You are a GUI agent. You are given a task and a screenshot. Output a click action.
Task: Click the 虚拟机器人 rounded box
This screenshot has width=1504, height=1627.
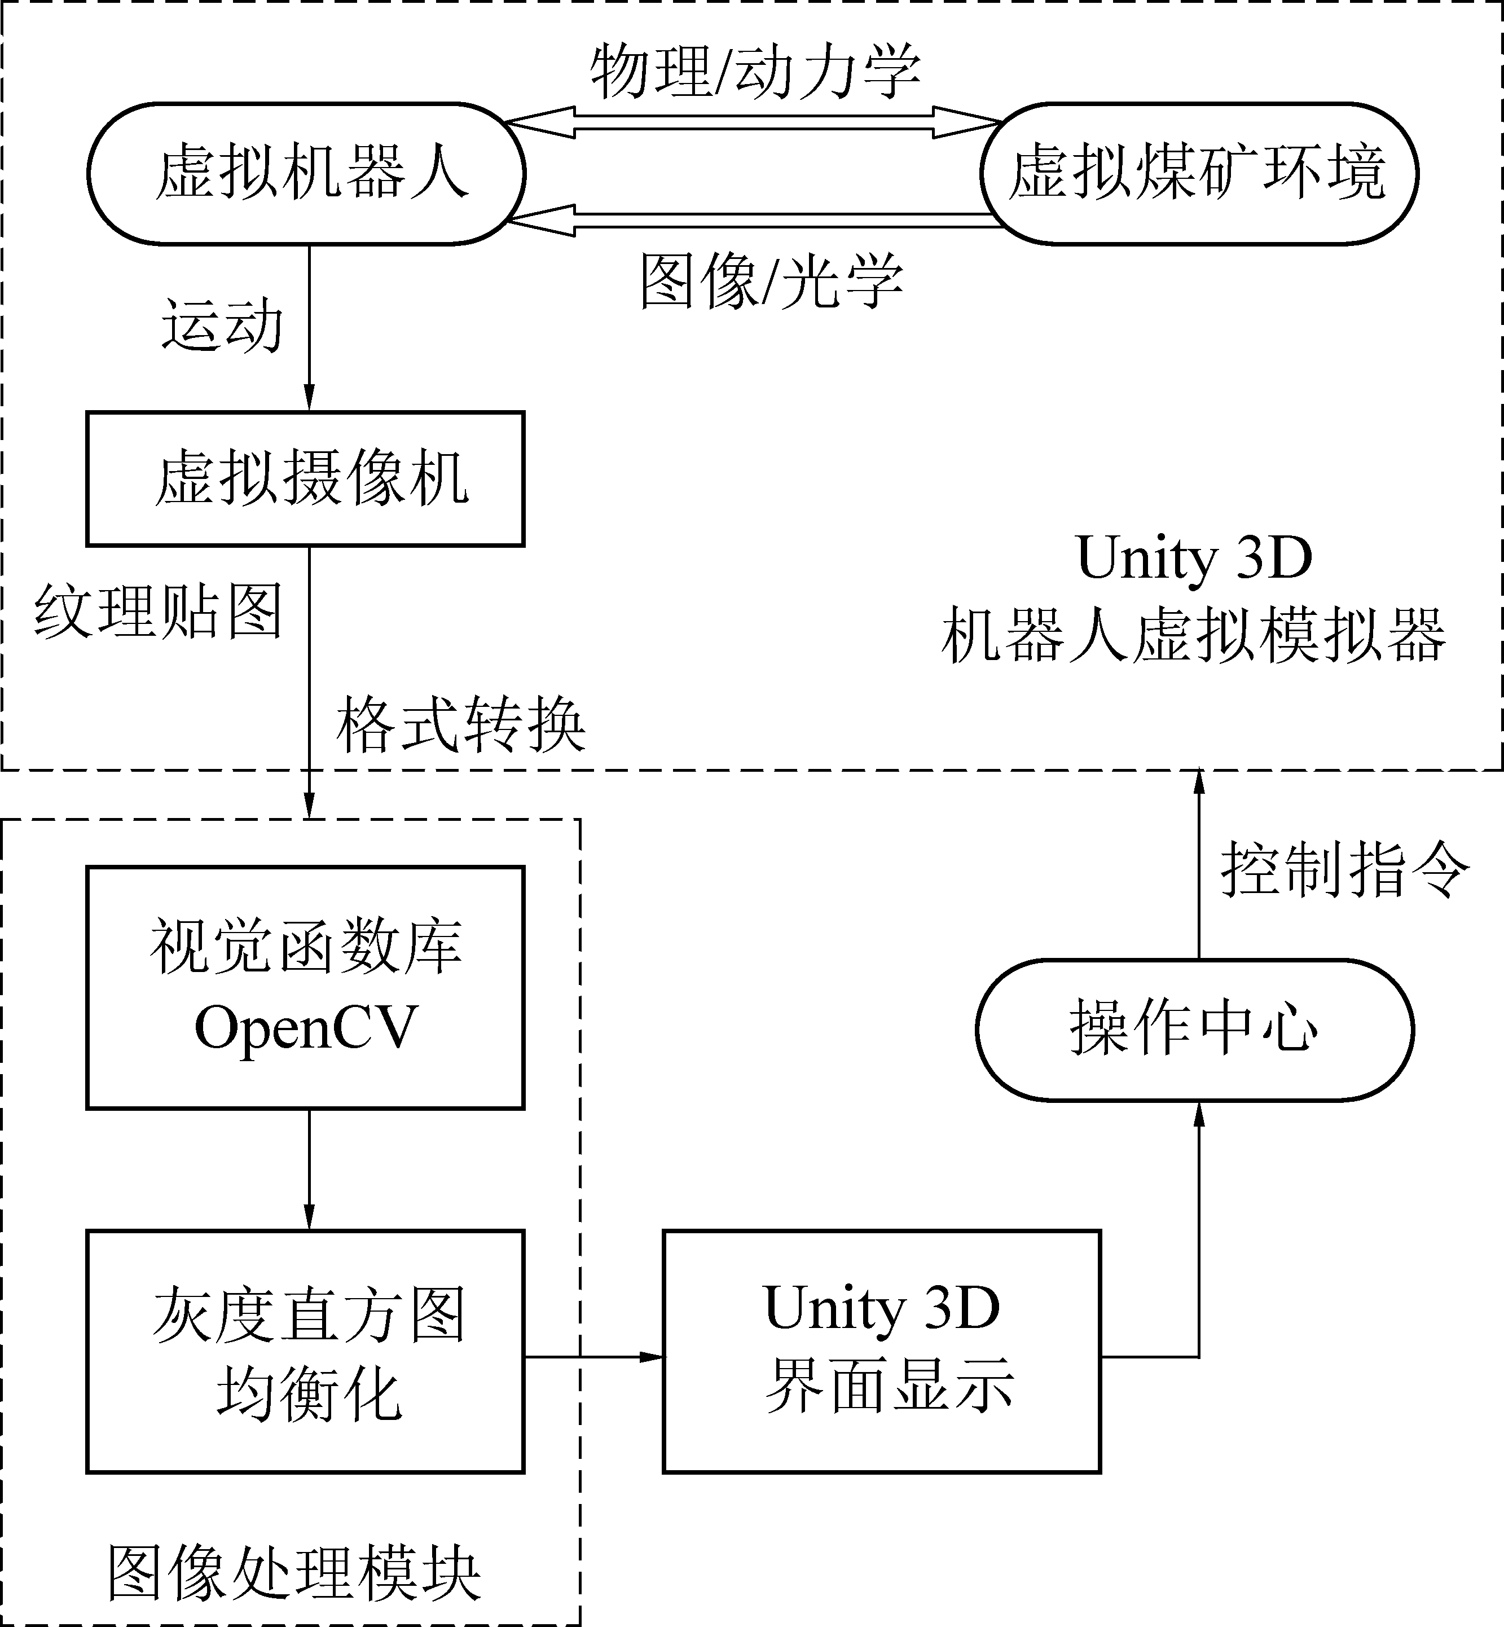(x=306, y=173)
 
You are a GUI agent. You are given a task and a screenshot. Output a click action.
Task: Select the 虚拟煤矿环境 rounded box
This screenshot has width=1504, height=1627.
(x=1199, y=173)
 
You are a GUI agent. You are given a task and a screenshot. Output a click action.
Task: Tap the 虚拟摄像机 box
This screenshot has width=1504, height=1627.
(x=306, y=478)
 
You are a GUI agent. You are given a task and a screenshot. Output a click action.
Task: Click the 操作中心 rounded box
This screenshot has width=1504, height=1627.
(x=1195, y=1030)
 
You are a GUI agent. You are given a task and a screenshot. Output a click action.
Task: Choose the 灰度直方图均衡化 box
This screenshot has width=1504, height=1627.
(x=306, y=1351)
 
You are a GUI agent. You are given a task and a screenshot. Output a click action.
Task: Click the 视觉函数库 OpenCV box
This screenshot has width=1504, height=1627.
(x=306, y=987)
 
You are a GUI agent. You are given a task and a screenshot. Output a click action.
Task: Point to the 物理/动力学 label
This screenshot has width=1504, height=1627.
(x=755, y=72)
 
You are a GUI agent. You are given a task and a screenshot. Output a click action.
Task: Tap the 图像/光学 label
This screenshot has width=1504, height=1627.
(x=772, y=282)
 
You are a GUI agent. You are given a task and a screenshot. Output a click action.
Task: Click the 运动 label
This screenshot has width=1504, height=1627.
(x=221, y=326)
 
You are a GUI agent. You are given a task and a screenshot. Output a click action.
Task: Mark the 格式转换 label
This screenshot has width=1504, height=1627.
(x=461, y=724)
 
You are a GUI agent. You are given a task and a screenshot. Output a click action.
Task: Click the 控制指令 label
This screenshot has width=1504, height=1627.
(x=1344, y=869)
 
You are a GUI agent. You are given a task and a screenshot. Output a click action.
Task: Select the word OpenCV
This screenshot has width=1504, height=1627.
(x=306, y=1028)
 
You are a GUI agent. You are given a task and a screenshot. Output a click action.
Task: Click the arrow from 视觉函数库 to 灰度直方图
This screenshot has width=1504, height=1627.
(x=309, y=1169)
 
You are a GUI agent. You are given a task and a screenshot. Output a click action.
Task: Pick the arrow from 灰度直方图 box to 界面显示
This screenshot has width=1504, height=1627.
(x=594, y=1357)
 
